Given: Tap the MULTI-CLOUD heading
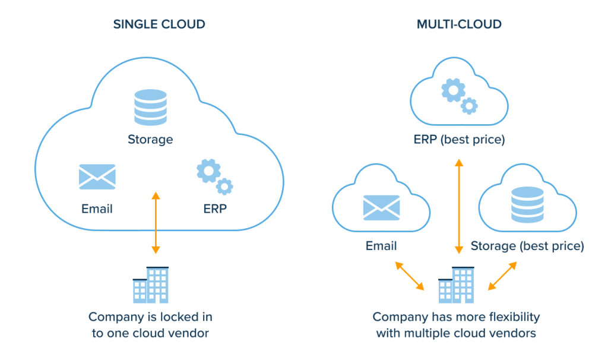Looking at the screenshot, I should [x=458, y=24].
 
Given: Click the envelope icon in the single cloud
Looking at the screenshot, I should [x=97, y=176].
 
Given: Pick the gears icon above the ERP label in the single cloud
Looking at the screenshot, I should [x=214, y=176].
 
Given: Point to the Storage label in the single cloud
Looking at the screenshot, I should [x=150, y=140].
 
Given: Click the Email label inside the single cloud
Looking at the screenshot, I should [x=97, y=209].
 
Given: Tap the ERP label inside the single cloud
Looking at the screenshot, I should [x=214, y=209].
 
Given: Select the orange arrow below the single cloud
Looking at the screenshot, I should [x=156, y=222].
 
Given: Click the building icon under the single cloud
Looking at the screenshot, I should [x=151, y=285].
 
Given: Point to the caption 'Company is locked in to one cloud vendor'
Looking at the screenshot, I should [x=150, y=324].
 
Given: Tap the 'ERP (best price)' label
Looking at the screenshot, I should [x=458, y=140].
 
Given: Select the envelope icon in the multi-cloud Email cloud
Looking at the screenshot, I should [x=381, y=207].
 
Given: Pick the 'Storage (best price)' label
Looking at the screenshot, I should [x=527, y=245].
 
